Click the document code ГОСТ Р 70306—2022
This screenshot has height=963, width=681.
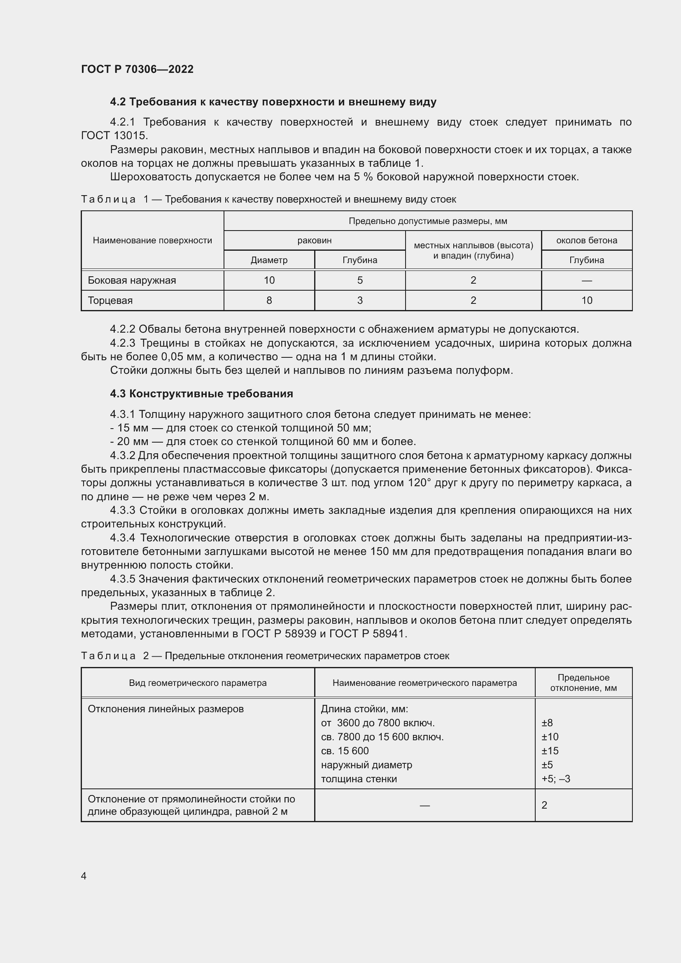pyautogui.click(x=137, y=69)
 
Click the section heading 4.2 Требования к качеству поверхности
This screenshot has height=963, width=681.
pyautogui.click(x=273, y=102)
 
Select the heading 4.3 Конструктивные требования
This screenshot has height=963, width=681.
pyautogui.click(x=201, y=394)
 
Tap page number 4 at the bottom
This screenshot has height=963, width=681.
pyautogui.click(x=84, y=876)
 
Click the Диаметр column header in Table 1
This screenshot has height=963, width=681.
pyautogui.click(x=269, y=260)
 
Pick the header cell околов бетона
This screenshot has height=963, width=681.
pyautogui.click(x=586, y=240)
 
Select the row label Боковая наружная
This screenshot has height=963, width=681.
pyautogui.click(x=132, y=280)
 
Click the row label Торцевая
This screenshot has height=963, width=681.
pyautogui.click(x=110, y=300)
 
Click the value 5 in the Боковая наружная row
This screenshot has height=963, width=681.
pyautogui.click(x=360, y=280)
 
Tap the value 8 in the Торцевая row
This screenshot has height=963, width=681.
pyautogui.click(x=269, y=300)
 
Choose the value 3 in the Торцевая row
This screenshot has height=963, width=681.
pyautogui.click(x=360, y=300)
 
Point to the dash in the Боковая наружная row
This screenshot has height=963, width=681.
pyautogui.click(x=586, y=280)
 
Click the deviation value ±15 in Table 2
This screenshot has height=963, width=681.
pyautogui.click(x=550, y=751)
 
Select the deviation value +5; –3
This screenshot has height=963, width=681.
pyautogui.click(x=555, y=779)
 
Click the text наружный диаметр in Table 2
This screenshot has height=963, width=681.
pyautogui.click(x=366, y=765)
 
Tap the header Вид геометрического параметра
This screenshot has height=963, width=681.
pyautogui.click(x=198, y=683)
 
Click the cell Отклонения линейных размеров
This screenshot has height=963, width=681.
pyautogui.click(x=166, y=709)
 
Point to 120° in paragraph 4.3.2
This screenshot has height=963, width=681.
pyautogui.click(x=419, y=483)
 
